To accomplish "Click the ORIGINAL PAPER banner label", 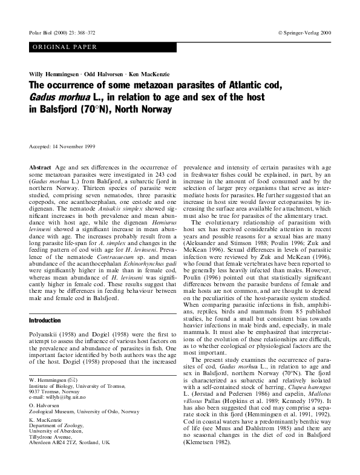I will click(x=61, y=47).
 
